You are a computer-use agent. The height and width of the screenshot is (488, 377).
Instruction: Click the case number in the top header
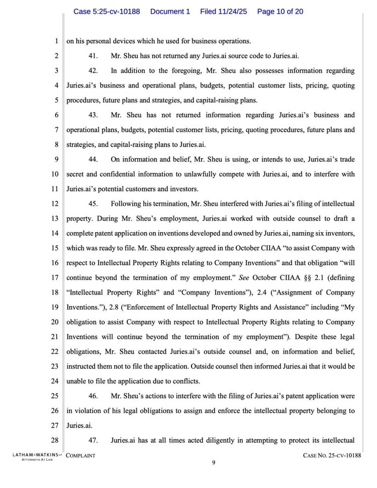pyautogui.click(x=107, y=11)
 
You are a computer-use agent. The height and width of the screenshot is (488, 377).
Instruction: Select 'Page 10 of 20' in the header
pyautogui.click(x=280, y=11)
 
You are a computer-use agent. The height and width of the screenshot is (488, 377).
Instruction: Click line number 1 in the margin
pyautogui.click(x=56, y=41)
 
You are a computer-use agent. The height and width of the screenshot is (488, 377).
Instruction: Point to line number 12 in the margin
pyautogui.click(x=55, y=204)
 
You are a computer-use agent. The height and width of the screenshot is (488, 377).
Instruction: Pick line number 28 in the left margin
pyautogui.click(x=55, y=441)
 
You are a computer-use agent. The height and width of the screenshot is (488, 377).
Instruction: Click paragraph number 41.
pyautogui.click(x=93, y=56)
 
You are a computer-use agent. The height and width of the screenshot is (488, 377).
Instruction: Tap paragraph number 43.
pyautogui.click(x=93, y=115)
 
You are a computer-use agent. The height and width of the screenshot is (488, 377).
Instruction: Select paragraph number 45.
pyautogui.click(x=93, y=204)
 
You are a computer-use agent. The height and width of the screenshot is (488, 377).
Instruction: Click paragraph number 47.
pyautogui.click(x=93, y=441)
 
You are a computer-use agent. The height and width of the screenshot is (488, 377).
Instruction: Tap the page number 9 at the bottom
pyautogui.click(x=213, y=463)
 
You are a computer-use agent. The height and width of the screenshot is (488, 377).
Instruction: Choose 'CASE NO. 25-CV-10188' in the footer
pyautogui.click(x=332, y=456)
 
